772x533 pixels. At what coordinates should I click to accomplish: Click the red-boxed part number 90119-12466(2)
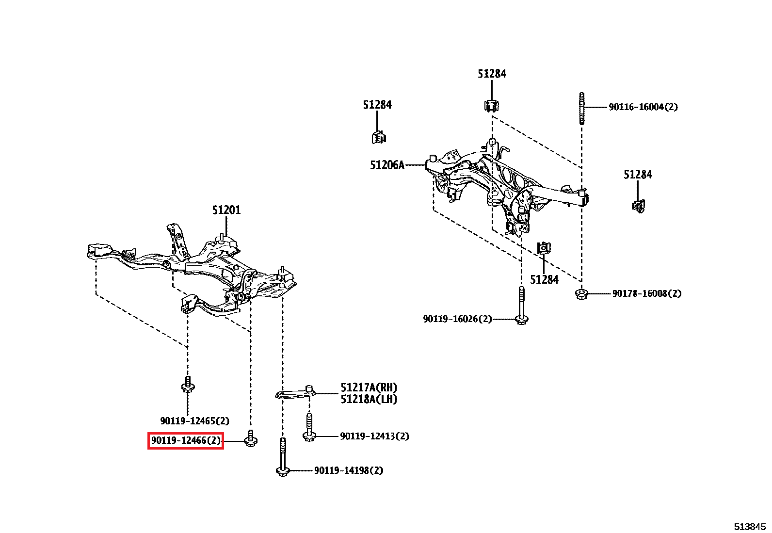186,440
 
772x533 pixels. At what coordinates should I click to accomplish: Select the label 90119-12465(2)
195,421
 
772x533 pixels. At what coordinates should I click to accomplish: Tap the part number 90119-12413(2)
375,436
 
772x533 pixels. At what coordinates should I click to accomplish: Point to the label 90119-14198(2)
349,470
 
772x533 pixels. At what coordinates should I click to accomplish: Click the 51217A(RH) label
369,388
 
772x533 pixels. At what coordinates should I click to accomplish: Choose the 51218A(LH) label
369,399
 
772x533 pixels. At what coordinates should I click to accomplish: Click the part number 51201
226,210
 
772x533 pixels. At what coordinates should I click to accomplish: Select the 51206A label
387,165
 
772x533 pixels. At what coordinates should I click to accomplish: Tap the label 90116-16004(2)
643,107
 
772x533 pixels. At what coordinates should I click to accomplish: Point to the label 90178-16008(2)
647,293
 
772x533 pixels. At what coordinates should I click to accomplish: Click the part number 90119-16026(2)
458,319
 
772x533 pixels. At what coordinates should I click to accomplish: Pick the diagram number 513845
750,527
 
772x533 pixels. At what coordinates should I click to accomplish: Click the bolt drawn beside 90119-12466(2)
251,438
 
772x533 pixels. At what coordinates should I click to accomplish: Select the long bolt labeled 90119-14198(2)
283,457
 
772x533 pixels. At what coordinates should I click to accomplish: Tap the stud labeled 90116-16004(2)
582,108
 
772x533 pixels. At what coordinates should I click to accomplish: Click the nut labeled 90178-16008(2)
581,294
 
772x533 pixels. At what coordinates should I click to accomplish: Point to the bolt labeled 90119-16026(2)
521,306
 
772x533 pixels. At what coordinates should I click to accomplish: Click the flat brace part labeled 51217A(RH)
295,392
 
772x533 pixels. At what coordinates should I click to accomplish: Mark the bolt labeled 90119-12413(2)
309,427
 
